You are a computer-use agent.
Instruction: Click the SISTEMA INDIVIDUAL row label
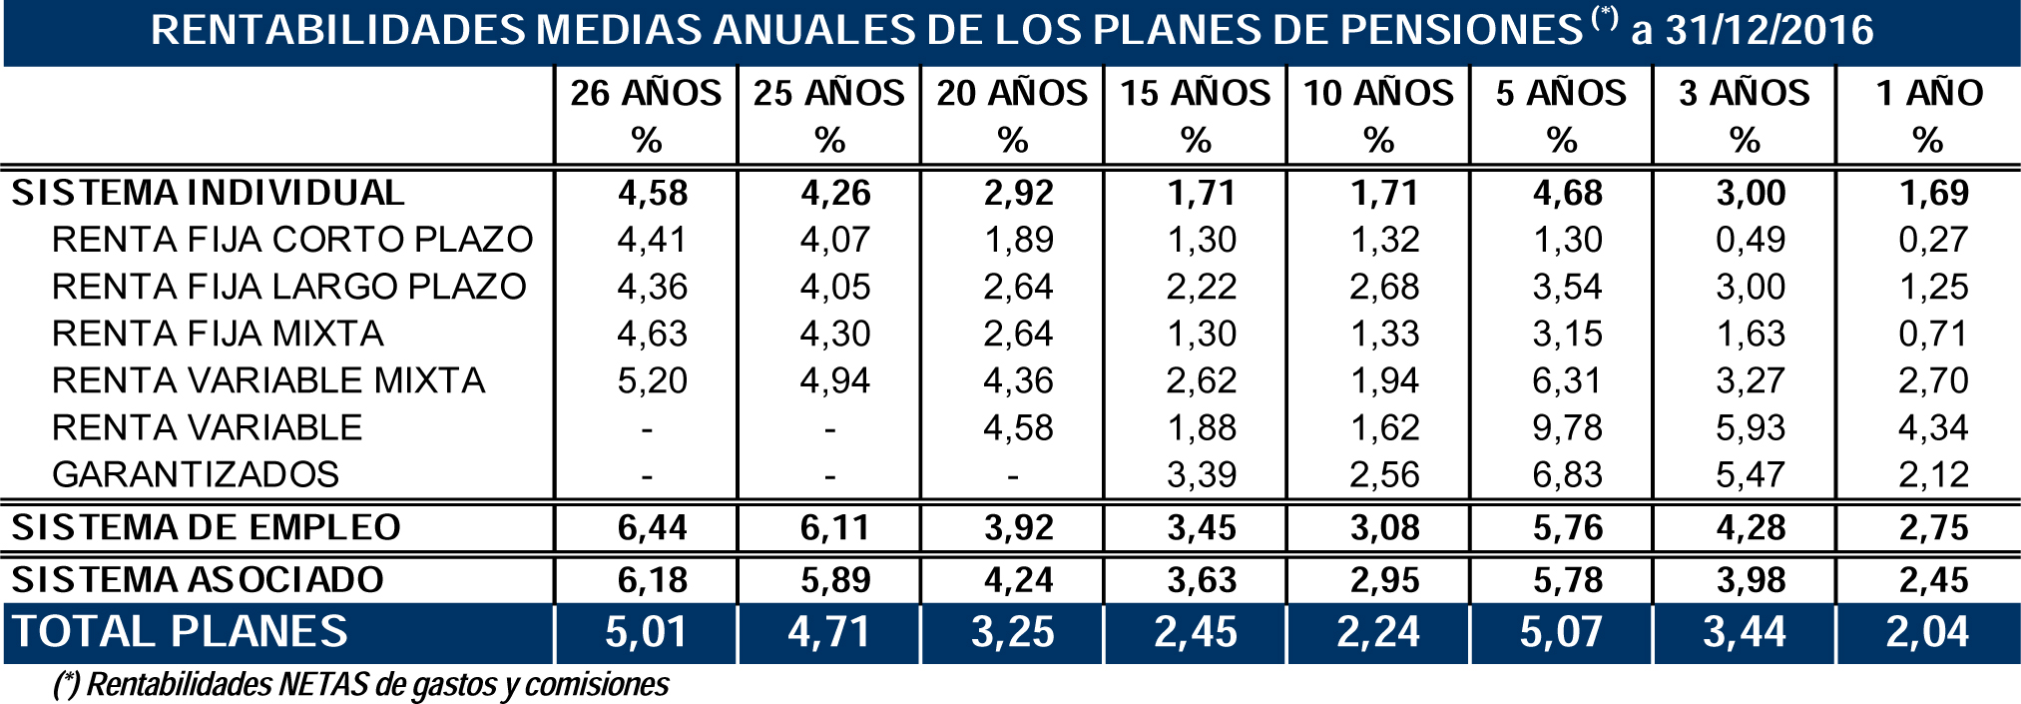click(x=208, y=193)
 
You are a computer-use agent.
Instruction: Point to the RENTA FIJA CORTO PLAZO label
click(x=292, y=240)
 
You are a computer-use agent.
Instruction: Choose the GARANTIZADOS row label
click(x=196, y=474)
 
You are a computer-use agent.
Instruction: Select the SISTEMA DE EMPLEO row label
click(x=206, y=527)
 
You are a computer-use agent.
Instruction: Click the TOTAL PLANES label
click(x=180, y=632)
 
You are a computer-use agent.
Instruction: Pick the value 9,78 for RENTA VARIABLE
click(x=1568, y=427)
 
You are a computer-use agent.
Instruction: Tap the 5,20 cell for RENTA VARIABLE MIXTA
click(x=652, y=380)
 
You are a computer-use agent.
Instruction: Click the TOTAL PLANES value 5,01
click(x=646, y=632)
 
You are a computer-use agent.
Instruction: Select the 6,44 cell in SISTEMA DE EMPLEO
click(x=652, y=527)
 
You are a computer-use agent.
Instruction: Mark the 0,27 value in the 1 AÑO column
click(x=1933, y=240)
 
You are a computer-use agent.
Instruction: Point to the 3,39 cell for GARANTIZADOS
click(x=1202, y=474)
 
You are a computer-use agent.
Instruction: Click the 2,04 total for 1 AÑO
click(x=1927, y=632)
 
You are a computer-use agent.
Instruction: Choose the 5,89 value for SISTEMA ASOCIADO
click(x=835, y=580)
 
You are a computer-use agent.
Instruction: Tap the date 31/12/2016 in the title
click(x=1768, y=31)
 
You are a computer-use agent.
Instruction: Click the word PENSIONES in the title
click(x=1461, y=31)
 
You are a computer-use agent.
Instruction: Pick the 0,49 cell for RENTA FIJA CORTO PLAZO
click(x=1751, y=240)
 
